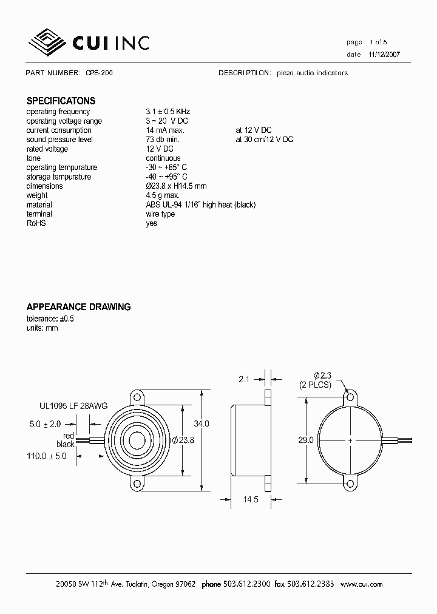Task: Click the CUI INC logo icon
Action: tap(49, 42)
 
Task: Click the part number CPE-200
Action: tap(99, 73)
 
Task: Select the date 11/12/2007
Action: tap(384, 54)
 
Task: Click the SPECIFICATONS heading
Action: tap(61, 101)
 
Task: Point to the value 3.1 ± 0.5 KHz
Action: tap(168, 112)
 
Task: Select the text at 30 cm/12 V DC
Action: tap(264, 140)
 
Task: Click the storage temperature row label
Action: tap(59, 177)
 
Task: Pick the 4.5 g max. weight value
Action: tap(162, 195)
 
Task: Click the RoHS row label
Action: tap(36, 223)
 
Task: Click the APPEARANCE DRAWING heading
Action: tap(78, 307)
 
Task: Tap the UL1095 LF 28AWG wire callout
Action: tap(73, 407)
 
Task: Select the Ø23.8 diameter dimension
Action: tap(183, 440)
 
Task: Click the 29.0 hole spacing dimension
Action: tap(307, 440)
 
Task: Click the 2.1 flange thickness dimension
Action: tap(244, 379)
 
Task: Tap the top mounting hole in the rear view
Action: tap(350, 397)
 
